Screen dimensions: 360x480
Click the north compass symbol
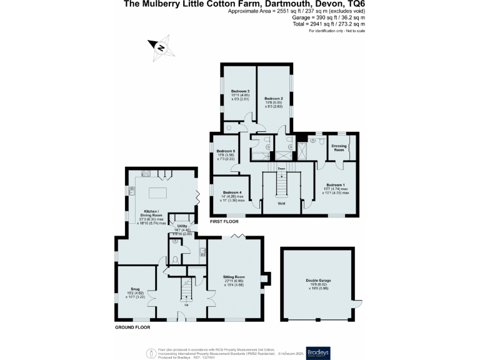point(160,47)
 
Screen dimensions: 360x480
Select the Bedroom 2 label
point(274,99)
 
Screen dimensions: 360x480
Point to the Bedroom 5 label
point(226,151)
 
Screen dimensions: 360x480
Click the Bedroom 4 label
point(231,192)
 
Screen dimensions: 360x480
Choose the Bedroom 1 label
point(334,185)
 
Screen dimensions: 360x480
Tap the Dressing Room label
point(339,149)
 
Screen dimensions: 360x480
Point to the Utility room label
point(182,226)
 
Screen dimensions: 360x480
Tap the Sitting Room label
point(234,276)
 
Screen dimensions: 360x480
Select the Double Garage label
point(318,279)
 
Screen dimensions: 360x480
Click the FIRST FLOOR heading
point(225,222)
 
